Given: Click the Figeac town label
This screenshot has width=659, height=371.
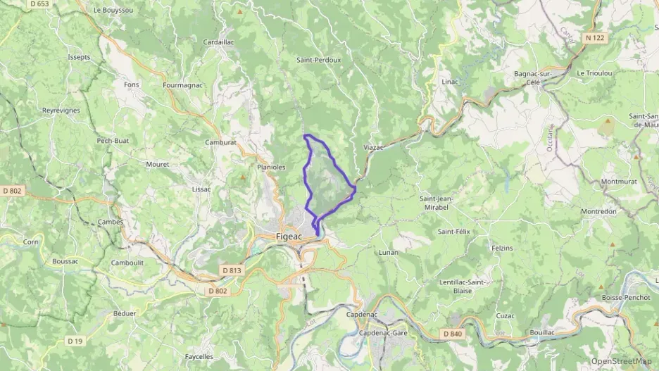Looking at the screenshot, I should pyautogui.click(x=288, y=236).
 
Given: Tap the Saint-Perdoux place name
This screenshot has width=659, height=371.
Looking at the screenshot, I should pyautogui.click(x=318, y=60).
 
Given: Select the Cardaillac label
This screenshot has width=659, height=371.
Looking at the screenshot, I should pyautogui.click(x=218, y=42).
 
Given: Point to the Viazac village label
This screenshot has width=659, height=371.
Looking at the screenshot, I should pyautogui.click(x=373, y=147).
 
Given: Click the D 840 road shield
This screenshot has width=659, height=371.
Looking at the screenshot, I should pyautogui.click(x=453, y=333).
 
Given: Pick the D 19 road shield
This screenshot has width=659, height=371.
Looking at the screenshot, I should pyautogui.click(x=75, y=341).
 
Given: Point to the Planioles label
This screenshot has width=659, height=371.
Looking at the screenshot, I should pyautogui.click(x=272, y=167).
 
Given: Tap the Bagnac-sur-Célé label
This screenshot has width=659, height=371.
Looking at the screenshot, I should pyautogui.click(x=541, y=77).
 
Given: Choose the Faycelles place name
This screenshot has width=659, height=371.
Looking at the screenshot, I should pyautogui.click(x=199, y=356).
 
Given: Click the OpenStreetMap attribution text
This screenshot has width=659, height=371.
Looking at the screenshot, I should pyautogui.click(x=621, y=361).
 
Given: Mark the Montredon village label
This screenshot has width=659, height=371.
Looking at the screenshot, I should pyautogui.click(x=598, y=211).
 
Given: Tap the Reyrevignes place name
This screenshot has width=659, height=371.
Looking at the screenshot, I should pyautogui.click(x=61, y=111).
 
